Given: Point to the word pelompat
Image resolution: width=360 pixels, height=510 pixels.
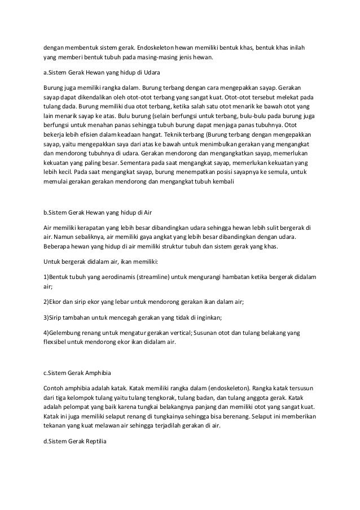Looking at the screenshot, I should [x=76, y=406].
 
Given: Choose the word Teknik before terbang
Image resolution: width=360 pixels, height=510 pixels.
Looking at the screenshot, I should [x=170, y=136].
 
